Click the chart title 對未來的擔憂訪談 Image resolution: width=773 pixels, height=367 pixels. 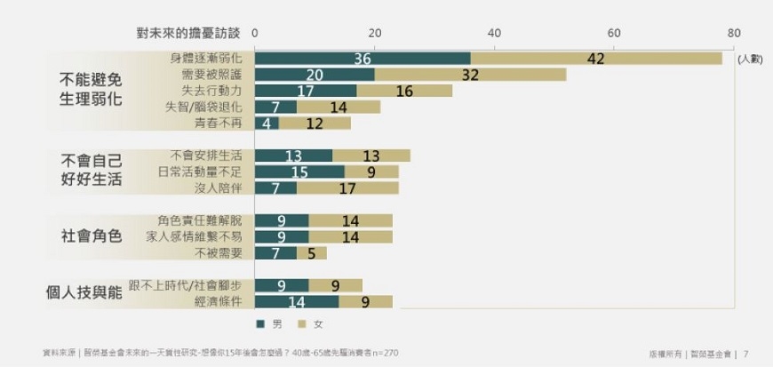coord(188,33)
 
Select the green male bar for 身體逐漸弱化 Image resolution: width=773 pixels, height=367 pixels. coord(363,58)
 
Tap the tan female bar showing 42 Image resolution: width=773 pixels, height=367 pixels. coord(596,58)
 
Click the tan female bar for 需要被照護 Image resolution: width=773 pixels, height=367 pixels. coord(470,75)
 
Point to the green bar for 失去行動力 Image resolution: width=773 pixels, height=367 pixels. coord(306,91)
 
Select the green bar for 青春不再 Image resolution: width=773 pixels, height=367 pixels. coord(267,123)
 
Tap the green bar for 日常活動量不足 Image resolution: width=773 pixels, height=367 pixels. coord(299,172)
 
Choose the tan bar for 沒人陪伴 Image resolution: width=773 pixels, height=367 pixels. coord(347,187)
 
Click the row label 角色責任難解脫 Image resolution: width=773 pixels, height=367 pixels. coord(199,220)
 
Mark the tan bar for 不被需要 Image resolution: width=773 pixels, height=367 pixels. coord(312,253)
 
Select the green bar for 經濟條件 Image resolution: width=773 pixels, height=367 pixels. coord(297,302)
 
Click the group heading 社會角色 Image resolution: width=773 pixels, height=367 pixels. coord(91,236)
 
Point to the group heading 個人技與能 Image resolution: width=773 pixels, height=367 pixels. coord(84,291)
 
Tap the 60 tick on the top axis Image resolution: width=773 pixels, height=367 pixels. coord(614,33)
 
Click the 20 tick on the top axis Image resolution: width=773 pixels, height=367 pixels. coord(375,33)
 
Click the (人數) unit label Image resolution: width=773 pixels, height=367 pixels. coord(750,60)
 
